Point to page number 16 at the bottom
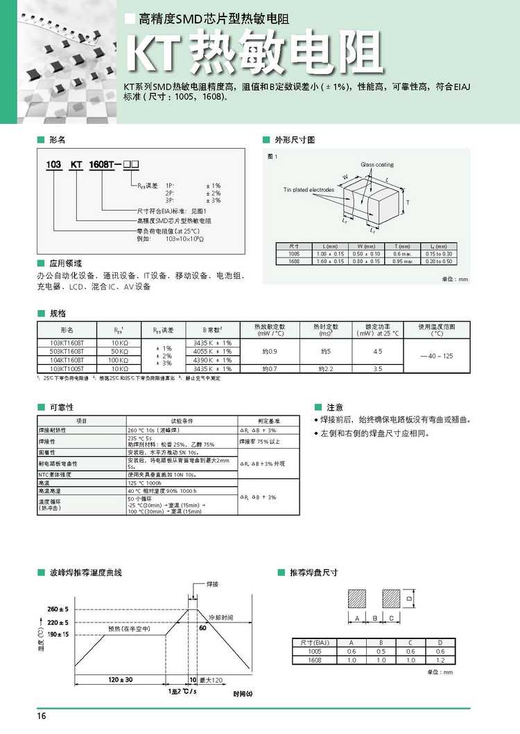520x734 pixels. [x=43, y=716]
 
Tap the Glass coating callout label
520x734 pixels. [x=377, y=165]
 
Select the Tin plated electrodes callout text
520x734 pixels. [x=309, y=190]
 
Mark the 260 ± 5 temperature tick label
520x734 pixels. [x=58, y=609]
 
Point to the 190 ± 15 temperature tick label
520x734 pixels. [x=58, y=634]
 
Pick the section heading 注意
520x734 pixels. [x=335, y=407]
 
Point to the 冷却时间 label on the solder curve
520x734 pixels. [x=221, y=617]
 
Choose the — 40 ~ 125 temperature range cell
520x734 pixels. [x=436, y=356]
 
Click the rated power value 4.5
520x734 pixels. [x=377, y=352]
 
